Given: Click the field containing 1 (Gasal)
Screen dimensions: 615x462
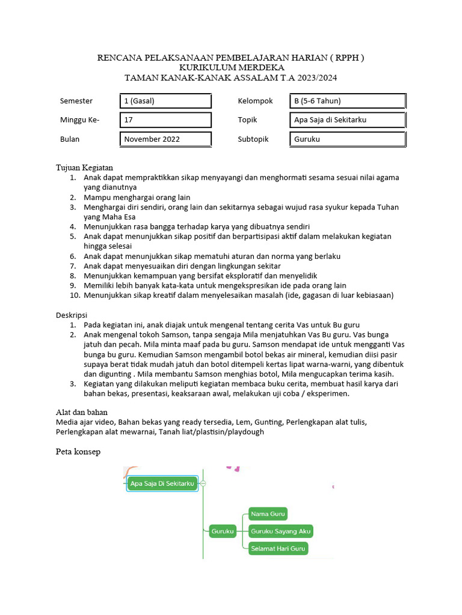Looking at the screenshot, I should (165, 101).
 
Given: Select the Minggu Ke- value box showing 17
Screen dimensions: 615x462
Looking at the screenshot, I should (165, 120).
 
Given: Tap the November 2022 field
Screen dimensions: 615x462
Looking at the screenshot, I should (165, 139).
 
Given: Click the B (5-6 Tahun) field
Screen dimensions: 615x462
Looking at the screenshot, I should (347, 101).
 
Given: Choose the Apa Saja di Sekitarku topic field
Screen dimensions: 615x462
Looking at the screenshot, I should (347, 120).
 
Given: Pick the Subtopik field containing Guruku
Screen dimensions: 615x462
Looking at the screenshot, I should (347, 139).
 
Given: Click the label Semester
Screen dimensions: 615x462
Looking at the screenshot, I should (76, 101).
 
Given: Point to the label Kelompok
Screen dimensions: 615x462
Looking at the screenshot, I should (256, 101).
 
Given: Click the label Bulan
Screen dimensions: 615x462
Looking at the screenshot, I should (70, 139).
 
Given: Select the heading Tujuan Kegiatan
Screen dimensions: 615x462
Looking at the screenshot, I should (85, 168).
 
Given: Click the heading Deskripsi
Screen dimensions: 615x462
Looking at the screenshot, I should (72, 315).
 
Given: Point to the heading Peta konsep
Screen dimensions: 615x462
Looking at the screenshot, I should (78, 451).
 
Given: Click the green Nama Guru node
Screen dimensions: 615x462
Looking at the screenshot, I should (268, 514).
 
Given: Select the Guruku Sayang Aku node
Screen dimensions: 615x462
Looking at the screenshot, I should (280, 531).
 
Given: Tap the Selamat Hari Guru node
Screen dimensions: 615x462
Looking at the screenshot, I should (278, 548).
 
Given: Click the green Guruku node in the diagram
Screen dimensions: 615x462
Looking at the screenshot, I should (223, 531).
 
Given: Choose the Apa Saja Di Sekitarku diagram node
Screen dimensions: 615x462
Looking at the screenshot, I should (162, 483).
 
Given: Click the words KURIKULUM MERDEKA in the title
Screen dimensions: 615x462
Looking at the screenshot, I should (231, 68).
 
